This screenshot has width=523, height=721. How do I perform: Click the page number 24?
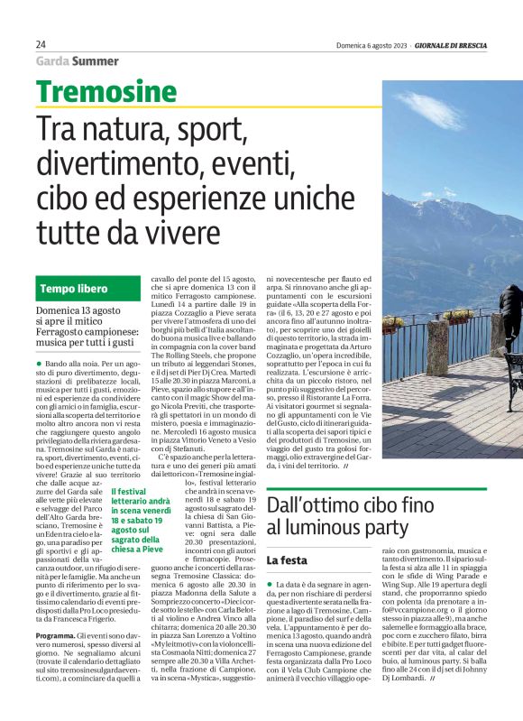[41, 44]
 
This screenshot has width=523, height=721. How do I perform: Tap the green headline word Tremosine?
[106, 91]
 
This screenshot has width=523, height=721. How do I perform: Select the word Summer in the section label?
[96, 61]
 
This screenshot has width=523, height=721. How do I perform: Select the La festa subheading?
[287, 560]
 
